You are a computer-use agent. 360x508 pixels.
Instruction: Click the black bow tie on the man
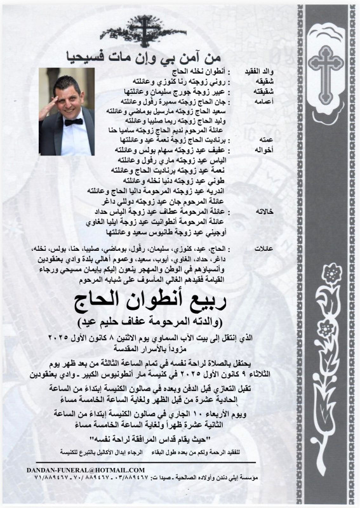[x=73, y=121]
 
